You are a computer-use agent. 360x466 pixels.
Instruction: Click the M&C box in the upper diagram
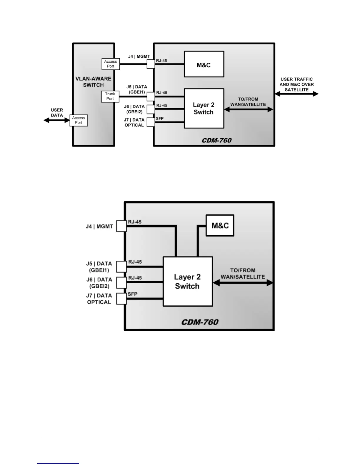pos(204,64)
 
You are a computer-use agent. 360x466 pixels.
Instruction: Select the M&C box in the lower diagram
pos(220,225)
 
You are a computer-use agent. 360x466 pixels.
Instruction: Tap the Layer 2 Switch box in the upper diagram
pos(204,108)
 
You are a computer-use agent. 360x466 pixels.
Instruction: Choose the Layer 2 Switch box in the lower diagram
pos(188,282)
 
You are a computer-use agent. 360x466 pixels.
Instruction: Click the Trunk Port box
pos(110,96)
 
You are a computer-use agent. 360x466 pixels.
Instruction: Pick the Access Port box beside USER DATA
pos(79,120)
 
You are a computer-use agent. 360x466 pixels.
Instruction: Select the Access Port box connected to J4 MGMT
pos(111,64)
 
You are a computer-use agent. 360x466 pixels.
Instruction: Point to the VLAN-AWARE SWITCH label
pos(93,82)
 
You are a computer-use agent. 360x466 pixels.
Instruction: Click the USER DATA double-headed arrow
pos(57,120)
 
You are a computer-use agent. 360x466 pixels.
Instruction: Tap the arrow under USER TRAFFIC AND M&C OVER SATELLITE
pos(296,94)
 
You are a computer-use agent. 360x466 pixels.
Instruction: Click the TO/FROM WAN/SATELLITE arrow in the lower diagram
pos(243,283)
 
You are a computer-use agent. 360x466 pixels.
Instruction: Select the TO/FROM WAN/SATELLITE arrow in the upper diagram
pos(249,109)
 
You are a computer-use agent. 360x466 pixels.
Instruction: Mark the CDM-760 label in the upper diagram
pos(217,140)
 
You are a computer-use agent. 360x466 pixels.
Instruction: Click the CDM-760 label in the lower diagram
pos(200,322)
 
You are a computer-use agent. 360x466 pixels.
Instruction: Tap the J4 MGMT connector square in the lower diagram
pos(121,226)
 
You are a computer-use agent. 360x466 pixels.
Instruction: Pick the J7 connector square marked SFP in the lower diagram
pos(121,299)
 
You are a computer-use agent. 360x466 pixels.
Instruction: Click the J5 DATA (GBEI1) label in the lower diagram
pos(99,267)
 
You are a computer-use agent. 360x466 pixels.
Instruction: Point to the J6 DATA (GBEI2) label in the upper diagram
pos(134,109)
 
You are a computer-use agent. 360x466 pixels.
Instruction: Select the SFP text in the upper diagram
pos(160,118)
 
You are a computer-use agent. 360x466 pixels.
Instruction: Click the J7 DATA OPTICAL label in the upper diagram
pos(134,122)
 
